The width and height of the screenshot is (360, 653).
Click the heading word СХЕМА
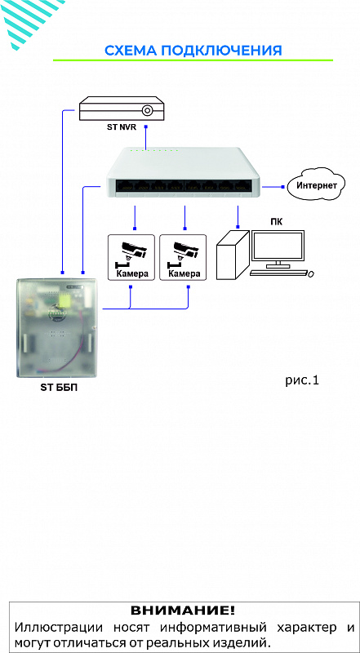click(x=131, y=51)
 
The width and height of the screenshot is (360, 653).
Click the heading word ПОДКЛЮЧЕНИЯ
click(x=222, y=51)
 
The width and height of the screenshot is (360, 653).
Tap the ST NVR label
click(x=122, y=127)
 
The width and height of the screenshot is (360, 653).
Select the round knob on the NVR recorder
click(x=147, y=110)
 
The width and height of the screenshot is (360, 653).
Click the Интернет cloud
click(x=317, y=185)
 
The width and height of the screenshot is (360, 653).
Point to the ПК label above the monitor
click(x=276, y=221)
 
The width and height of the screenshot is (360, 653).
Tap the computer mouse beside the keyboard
click(x=310, y=273)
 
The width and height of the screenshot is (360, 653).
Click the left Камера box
click(x=131, y=257)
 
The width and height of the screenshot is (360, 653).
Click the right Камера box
click(x=184, y=257)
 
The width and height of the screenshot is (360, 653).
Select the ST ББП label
click(x=59, y=389)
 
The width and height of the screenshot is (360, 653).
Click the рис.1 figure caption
click(x=302, y=380)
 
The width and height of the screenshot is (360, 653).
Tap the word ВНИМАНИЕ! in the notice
click(x=183, y=611)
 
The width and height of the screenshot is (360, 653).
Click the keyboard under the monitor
click(x=278, y=273)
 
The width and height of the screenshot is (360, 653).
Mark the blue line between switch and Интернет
click(x=273, y=186)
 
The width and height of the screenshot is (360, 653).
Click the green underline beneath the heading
click(x=193, y=60)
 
